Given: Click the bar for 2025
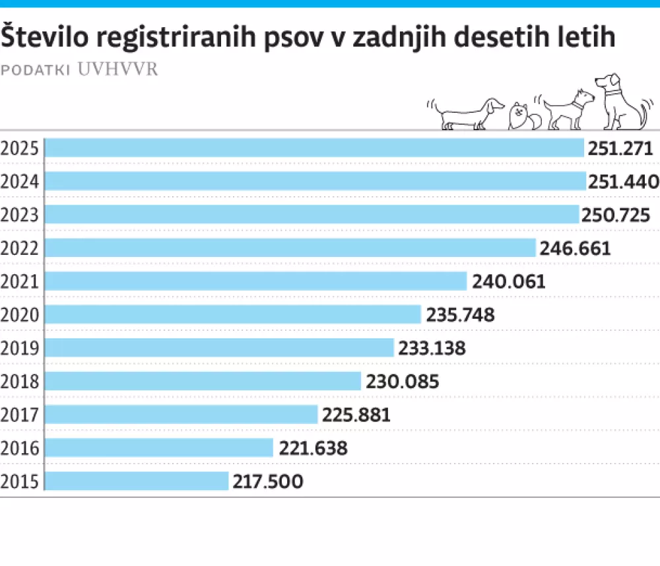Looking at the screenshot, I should (314, 148).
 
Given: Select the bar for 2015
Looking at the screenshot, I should (137, 481).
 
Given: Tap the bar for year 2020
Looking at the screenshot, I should (233, 314).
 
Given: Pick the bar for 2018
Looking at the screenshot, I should (203, 381).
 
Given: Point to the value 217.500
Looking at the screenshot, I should (268, 482).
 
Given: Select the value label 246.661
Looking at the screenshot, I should (575, 248).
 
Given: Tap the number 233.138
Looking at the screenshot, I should (432, 348).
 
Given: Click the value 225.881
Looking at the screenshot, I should (356, 415).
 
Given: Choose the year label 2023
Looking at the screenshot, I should (20, 215).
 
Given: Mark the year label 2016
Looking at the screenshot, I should (20, 448).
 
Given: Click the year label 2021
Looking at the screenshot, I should (20, 281).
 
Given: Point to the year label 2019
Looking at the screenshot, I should (20, 348).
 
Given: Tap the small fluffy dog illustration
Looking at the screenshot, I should (523, 117).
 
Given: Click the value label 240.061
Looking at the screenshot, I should (509, 281).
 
